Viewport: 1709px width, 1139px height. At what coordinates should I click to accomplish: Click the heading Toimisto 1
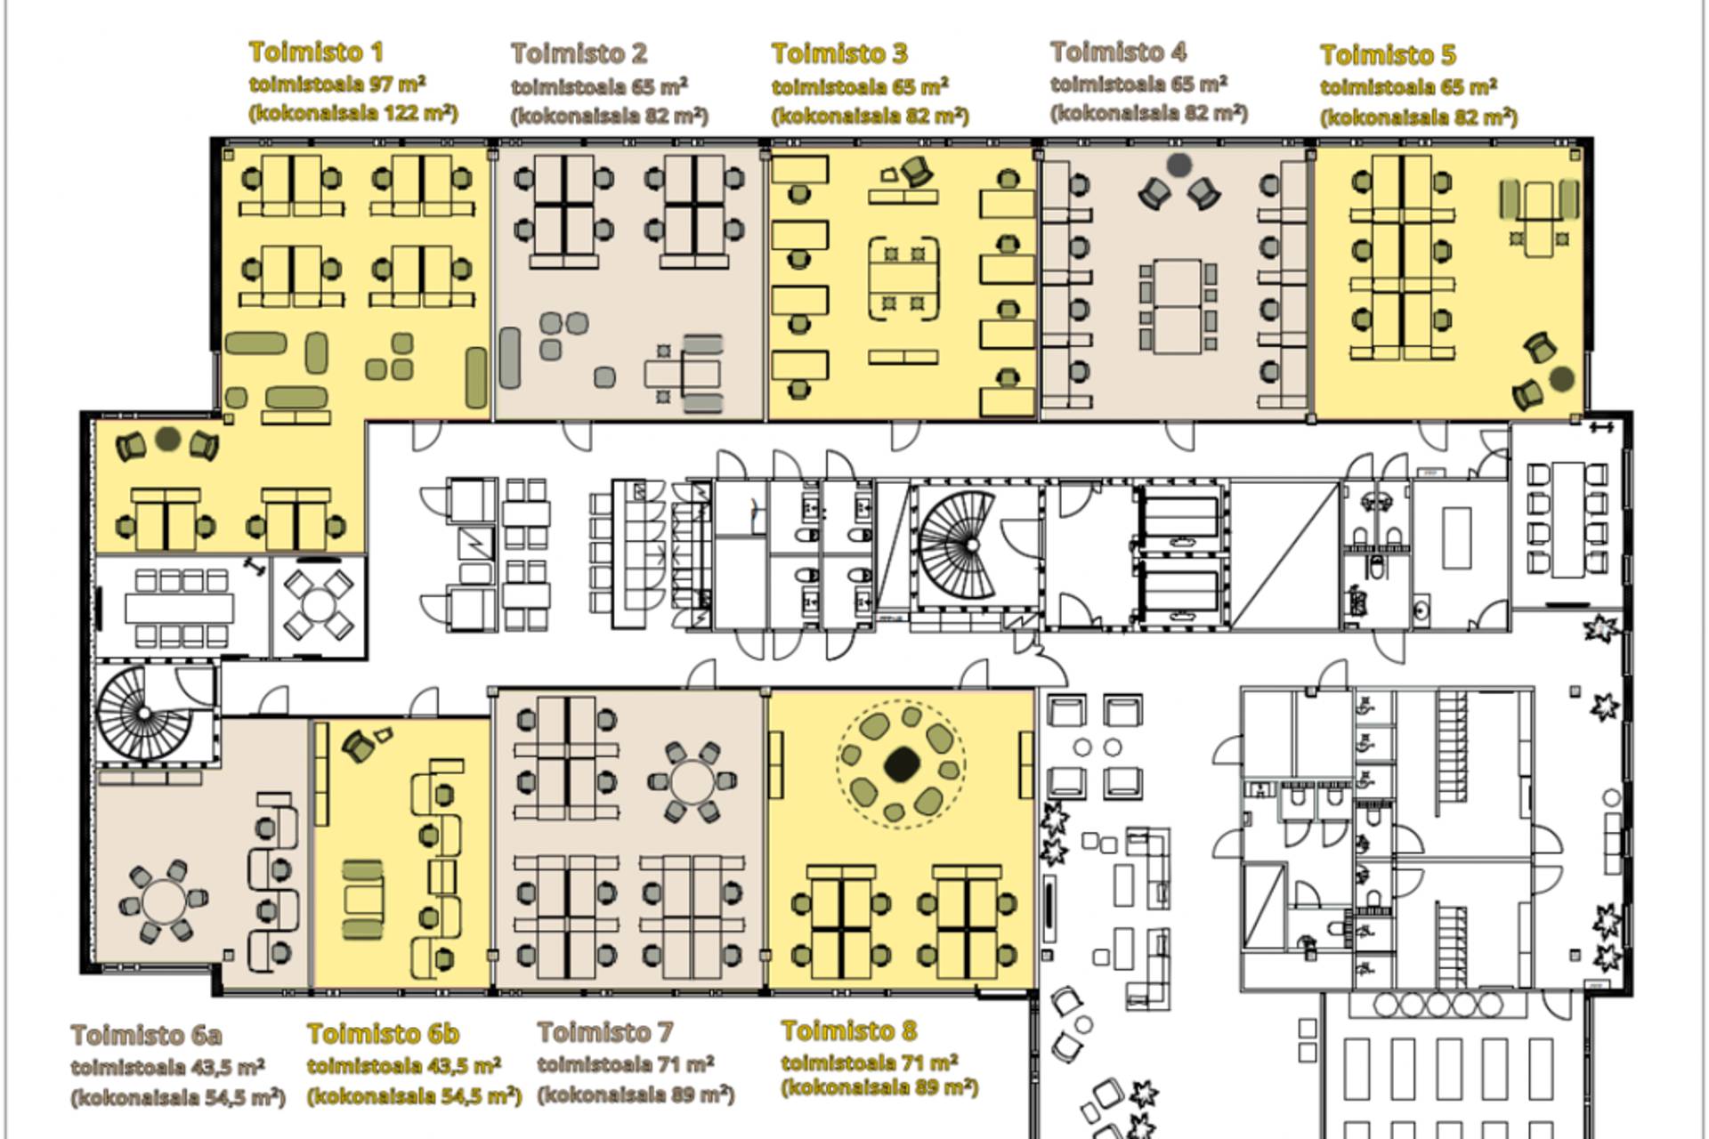click(x=316, y=52)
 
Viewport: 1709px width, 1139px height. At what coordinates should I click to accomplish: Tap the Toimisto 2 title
click(x=579, y=53)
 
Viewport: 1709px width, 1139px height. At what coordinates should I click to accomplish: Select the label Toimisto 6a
click(x=147, y=1035)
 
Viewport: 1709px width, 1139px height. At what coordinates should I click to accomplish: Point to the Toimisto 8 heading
click(x=848, y=1030)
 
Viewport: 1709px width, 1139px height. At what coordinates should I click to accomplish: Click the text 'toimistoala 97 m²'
click(x=337, y=84)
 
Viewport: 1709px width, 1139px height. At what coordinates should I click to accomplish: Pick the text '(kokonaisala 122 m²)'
click(x=353, y=113)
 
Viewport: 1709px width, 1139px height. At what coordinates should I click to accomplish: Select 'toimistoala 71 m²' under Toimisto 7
click(x=626, y=1063)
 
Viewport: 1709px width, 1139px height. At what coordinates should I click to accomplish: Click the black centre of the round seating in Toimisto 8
click(x=903, y=763)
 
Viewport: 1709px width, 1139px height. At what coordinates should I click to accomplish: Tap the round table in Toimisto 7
click(x=693, y=782)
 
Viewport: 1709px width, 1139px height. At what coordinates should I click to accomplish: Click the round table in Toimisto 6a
click(x=163, y=901)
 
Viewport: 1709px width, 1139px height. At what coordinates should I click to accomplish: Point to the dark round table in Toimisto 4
click(x=1179, y=165)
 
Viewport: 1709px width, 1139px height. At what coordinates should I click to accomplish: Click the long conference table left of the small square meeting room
click(x=179, y=609)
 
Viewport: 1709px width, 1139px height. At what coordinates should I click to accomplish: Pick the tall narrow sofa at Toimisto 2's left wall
click(x=509, y=358)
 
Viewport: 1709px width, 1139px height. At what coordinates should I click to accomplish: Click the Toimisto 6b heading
click(x=383, y=1033)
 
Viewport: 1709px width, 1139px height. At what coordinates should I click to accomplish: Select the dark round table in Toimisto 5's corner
click(x=1561, y=379)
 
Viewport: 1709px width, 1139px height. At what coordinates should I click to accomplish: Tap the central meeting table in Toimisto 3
click(x=903, y=279)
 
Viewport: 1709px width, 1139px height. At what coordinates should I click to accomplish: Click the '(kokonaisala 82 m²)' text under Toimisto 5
click(x=1419, y=117)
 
